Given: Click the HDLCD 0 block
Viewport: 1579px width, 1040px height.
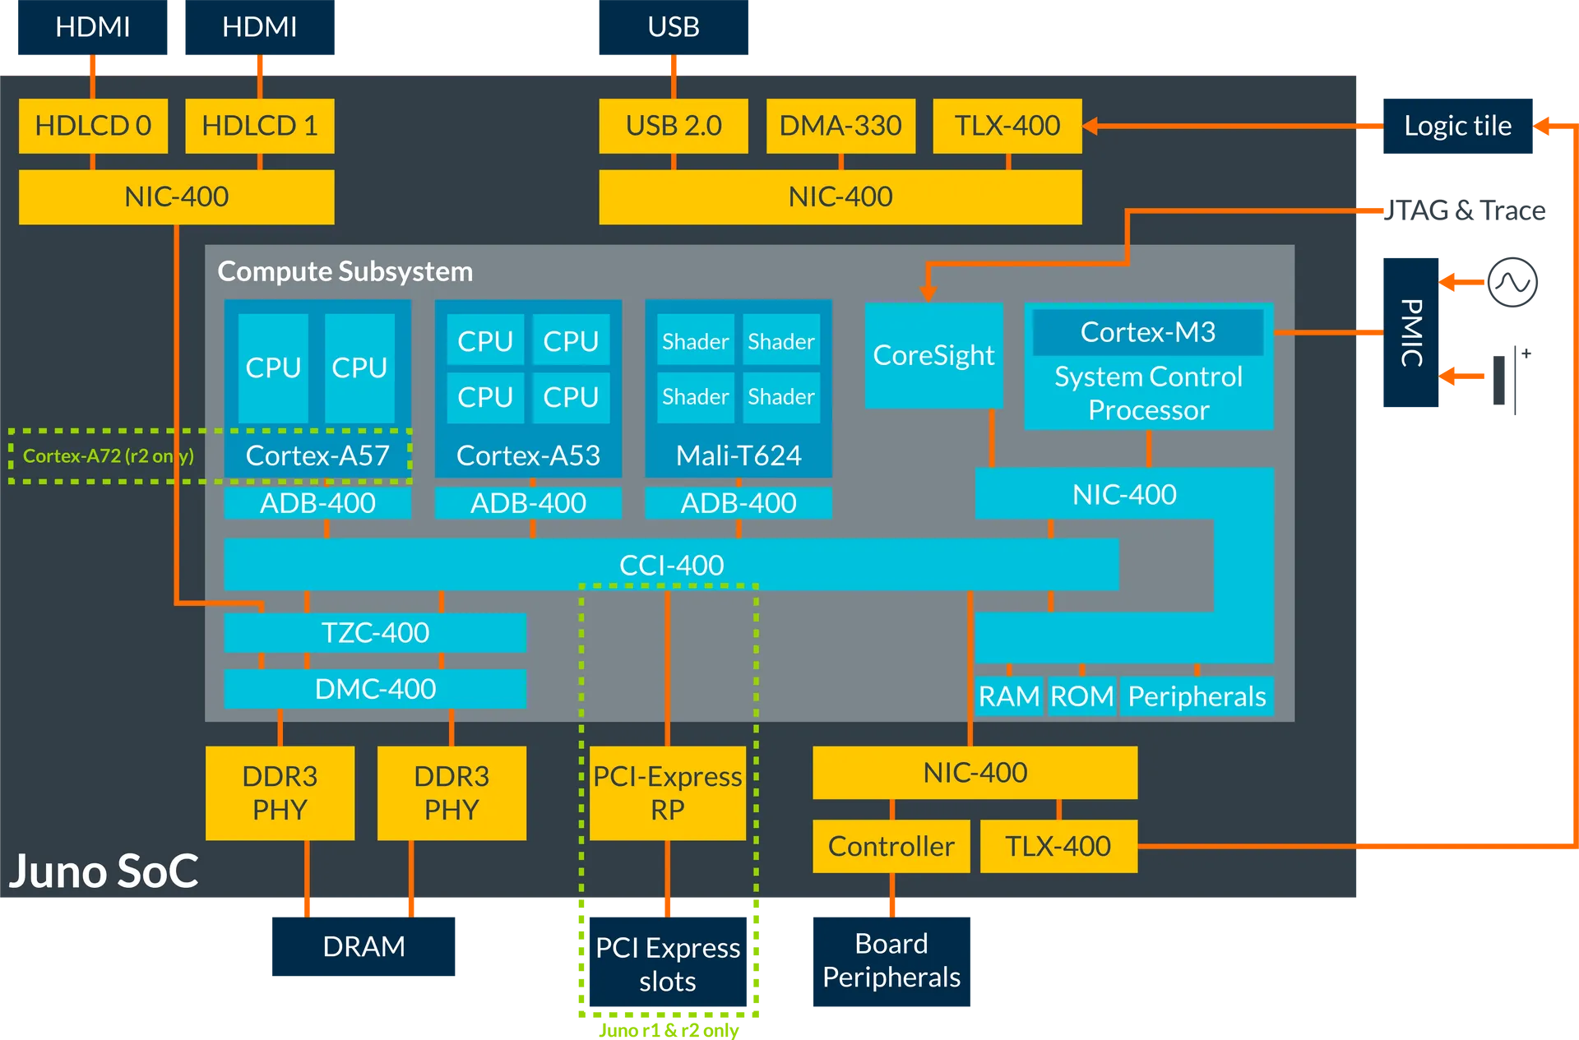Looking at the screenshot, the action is (93, 126).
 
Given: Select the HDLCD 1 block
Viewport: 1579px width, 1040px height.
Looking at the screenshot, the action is (260, 126).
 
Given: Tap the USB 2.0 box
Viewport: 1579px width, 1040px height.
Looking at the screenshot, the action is (674, 126).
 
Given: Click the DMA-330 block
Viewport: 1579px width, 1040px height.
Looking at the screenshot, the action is (840, 126).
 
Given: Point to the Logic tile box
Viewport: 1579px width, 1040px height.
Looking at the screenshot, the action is (1458, 126).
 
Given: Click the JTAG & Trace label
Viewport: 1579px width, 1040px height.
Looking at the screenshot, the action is (1465, 210).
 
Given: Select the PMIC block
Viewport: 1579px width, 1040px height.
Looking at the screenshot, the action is (1411, 332).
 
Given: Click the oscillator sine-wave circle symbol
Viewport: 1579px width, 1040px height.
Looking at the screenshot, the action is (1512, 282).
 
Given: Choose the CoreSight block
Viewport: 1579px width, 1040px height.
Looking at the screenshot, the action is (934, 355).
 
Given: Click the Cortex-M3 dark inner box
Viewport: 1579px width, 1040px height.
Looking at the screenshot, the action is (1148, 331).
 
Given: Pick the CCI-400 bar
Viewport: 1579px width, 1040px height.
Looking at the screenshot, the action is (671, 565).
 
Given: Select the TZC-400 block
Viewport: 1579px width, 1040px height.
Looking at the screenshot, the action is (375, 632).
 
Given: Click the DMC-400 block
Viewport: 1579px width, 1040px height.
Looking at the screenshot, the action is (375, 688).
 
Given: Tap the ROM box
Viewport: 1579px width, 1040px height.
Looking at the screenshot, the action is (1081, 696).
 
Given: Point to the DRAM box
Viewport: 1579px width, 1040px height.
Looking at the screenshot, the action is (363, 946).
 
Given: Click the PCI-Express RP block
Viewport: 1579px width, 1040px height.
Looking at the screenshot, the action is (668, 793).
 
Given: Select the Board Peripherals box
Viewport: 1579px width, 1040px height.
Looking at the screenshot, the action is (891, 961).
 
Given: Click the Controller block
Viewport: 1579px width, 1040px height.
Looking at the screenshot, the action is (891, 846).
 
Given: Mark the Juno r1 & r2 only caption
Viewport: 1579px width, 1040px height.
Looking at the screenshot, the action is (669, 1030).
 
